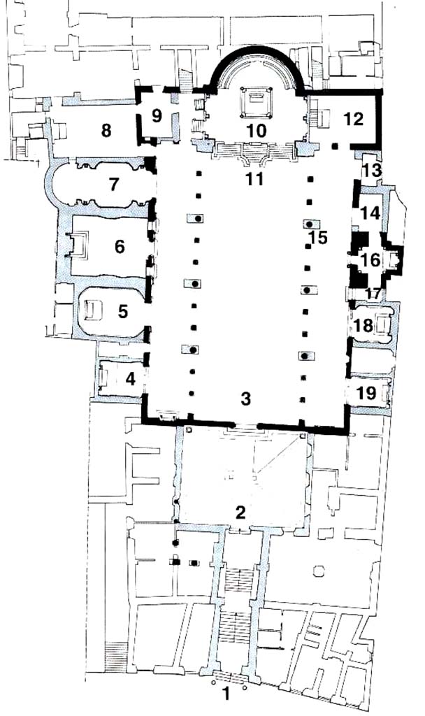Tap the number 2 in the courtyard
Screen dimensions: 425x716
click(x=240, y=513)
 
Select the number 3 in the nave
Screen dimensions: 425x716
click(x=245, y=399)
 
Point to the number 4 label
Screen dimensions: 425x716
click(x=131, y=378)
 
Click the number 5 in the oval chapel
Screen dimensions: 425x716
click(x=123, y=311)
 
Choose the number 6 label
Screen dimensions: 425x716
click(x=120, y=247)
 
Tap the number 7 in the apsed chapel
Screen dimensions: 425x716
click(x=114, y=185)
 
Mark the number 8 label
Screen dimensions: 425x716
click(x=106, y=131)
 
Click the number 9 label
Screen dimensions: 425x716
click(x=157, y=116)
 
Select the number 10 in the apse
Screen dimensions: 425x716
click(x=257, y=131)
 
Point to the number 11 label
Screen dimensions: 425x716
click(x=254, y=180)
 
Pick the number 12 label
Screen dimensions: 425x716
click(x=354, y=119)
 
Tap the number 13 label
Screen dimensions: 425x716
click(x=372, y=171)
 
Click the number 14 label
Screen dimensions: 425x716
click(x=370, y=213)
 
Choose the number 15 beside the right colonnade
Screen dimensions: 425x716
click(x=319, y=238)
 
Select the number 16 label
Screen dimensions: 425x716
click(x=370, y=260)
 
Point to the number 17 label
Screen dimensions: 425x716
click(x=373, y=294)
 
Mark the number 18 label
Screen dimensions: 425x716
click(x=363, y=326)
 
